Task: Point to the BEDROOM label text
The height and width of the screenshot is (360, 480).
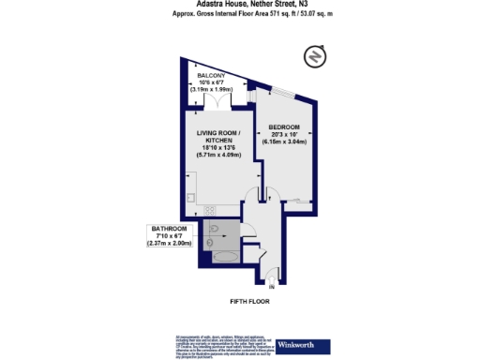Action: [x=283, y=127]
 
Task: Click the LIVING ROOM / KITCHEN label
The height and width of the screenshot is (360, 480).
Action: [x=217, y=137]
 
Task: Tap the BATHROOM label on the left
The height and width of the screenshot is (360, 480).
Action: [x=169, y=228]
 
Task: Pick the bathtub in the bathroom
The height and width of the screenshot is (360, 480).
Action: [x=226, y=254]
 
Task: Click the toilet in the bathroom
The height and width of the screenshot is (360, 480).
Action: [x=215, y=228]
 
